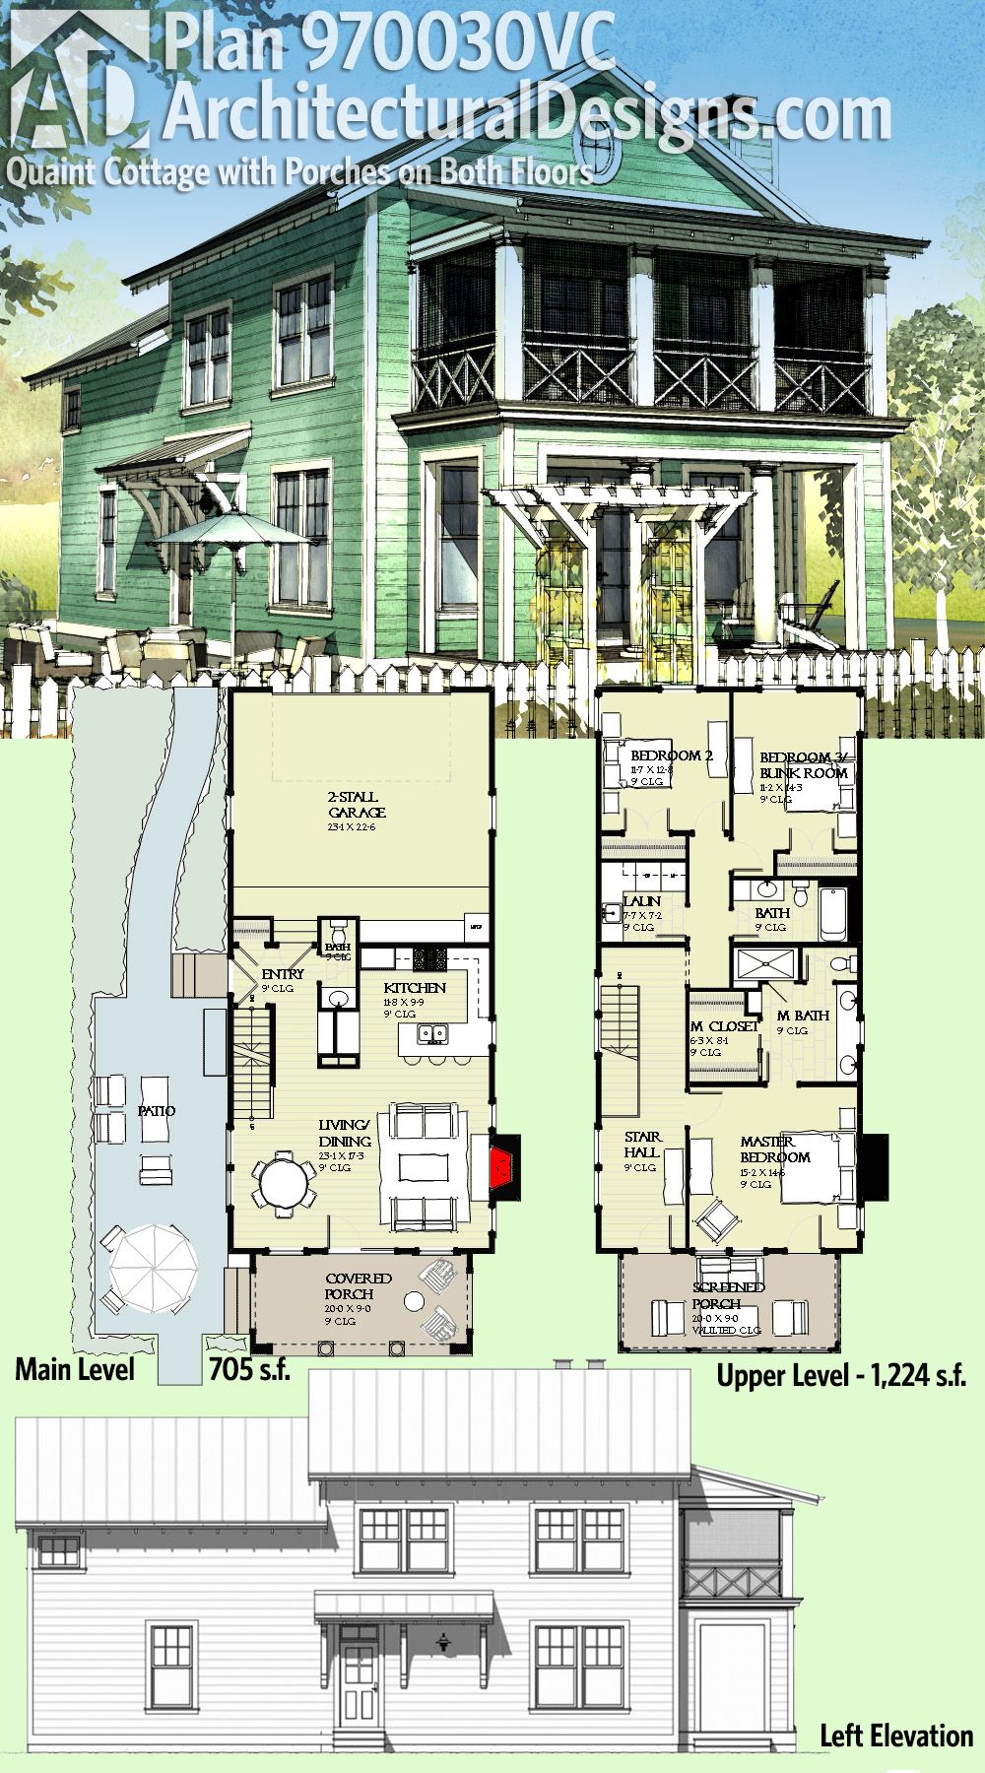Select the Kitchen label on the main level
[414, 987]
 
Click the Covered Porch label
[360, 1285]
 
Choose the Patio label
[157, 1110]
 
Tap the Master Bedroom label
[775, 1149]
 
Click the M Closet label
[724, 1025]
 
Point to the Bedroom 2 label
[671, 755]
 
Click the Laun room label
[641, 901]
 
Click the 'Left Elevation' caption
[896, 1736]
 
